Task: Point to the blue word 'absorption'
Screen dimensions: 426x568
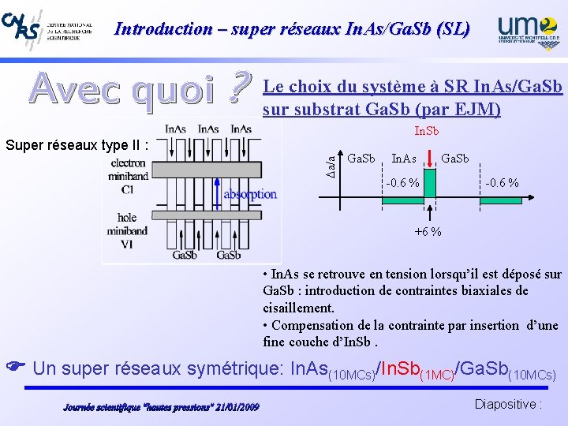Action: (251, 193)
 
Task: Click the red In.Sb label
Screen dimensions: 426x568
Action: (427, 130)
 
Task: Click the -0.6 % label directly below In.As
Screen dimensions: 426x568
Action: (402, 183)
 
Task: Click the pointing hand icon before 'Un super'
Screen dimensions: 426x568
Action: (14, 367)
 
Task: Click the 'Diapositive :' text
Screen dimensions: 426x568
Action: (508, 404)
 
